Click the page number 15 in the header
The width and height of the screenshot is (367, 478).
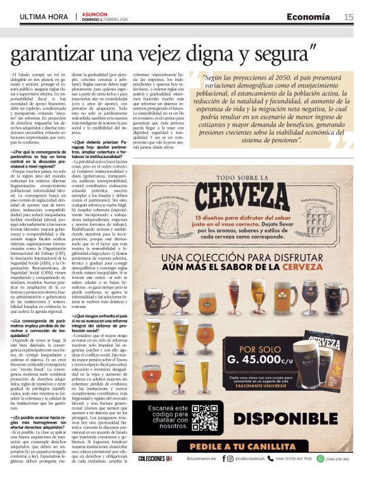click(x=349, y=17)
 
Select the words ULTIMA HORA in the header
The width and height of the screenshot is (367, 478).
click(x=44, y=16)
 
